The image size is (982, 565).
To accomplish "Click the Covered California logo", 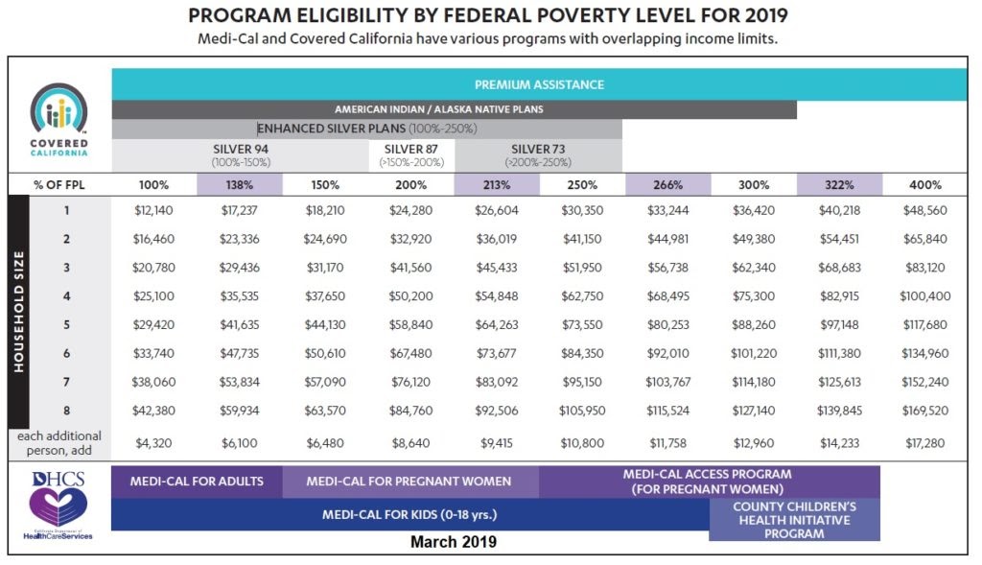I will (59, 119).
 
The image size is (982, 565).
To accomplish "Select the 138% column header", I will (239, 185).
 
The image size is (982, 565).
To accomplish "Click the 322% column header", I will (838, 185).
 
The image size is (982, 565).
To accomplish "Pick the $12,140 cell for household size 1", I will (152, 210).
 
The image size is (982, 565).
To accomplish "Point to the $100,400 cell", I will (924, 297).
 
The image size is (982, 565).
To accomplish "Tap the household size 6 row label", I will (67, 354).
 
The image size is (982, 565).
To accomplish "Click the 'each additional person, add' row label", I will (59, 442).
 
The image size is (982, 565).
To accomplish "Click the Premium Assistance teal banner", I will (552, 84).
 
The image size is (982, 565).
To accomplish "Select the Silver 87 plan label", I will (410, 154).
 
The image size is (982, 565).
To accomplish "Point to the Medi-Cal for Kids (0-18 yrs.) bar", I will (409, 514).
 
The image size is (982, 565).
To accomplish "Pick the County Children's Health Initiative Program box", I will (794, 519).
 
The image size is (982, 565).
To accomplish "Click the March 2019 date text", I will (454, 542).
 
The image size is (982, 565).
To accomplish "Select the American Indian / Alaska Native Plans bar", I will (453, 109).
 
